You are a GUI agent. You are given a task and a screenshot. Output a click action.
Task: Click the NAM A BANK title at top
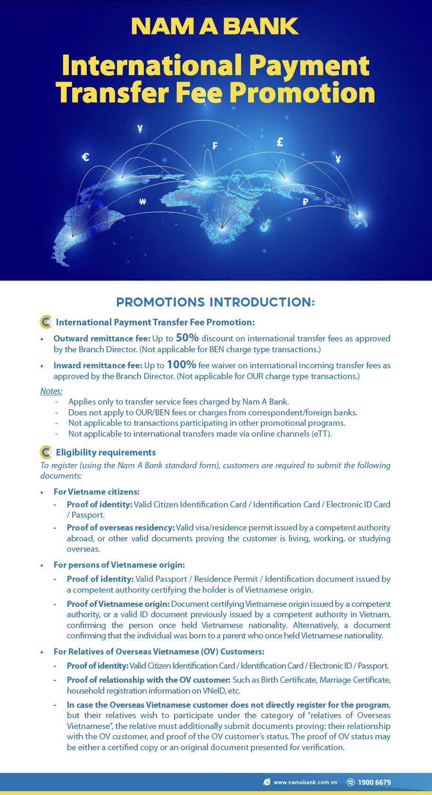tap(215, 26)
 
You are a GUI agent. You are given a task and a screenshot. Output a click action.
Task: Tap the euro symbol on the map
tap(85, 157)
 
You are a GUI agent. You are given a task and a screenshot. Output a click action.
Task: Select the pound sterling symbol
tap(280, 142)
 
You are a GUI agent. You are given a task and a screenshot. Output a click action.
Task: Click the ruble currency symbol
tap(305, 202)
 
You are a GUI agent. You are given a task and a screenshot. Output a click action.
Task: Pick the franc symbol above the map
tap(215, 146)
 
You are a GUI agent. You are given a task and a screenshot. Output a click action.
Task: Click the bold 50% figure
tap(187, 338)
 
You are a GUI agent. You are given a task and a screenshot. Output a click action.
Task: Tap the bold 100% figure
tap(181, 364)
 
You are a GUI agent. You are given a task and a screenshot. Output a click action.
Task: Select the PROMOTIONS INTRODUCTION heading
tap(215, 302)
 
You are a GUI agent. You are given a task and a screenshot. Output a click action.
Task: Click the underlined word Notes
tap(51, 391)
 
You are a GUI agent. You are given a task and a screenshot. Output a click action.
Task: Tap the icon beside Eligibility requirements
tap(46, 453)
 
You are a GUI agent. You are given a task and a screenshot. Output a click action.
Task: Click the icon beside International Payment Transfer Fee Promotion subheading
tap(46, 323)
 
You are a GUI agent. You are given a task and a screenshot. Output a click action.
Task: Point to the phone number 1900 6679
tap(374, 782)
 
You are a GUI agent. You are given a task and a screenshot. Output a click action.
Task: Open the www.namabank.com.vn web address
tap(305, 783)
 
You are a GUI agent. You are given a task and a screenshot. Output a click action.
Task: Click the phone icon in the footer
tap(350, 782)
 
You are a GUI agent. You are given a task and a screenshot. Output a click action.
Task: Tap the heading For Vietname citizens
tap(96, 492)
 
